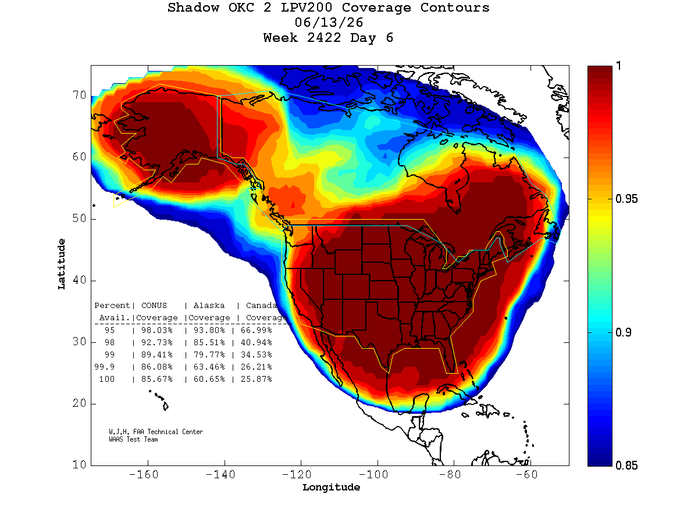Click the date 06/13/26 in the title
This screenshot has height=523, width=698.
(329, 23)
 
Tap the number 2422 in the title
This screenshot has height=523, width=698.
(324, 38)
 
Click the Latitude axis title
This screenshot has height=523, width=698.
(61, 264)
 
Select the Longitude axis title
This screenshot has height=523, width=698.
(331, 487)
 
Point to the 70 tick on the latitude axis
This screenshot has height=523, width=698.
(79, 95)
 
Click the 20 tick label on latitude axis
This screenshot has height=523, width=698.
(79, 403)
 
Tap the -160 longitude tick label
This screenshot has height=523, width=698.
(144, 474)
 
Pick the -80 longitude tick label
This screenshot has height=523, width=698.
(450, 474)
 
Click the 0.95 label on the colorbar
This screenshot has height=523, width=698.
(626, 199)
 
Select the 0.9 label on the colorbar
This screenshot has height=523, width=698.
(624, 332)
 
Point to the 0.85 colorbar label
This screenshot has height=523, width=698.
(626, 465)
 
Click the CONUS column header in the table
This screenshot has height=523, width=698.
(154, 306)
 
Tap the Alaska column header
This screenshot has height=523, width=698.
(209, 306)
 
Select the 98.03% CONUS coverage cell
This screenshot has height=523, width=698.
(157, 330)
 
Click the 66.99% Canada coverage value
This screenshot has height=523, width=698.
(256, 330)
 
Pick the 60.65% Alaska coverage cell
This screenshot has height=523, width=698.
(209, 379)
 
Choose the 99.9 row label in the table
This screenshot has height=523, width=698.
(104, 367)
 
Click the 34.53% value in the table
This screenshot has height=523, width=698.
(256, 354)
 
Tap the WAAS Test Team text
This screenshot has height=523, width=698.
(133, 439)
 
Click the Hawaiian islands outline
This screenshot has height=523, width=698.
(159, 400)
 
